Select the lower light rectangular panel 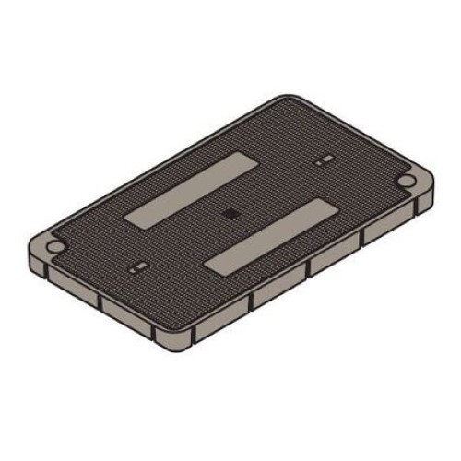click(268, 235)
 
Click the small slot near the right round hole click(323, 161)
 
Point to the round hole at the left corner click(54, 248)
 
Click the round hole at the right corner click(406, 181)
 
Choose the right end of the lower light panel click(326, 205)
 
